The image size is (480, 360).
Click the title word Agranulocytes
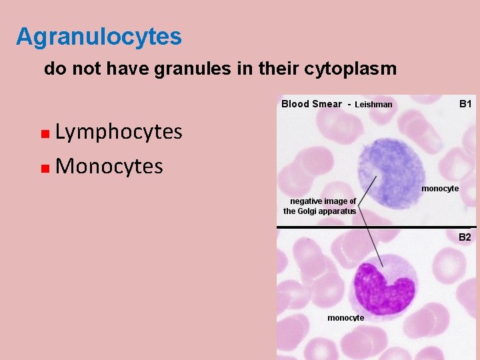(99, 37)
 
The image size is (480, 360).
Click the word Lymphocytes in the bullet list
(119, 132)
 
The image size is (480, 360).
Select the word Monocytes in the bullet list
(109, 166)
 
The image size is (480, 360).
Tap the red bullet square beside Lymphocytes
(44, 133)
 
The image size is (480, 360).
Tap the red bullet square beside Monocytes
(44, 167)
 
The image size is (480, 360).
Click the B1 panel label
(465, 104)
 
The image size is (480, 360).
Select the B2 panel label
(464, 237)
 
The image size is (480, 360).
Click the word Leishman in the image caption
(373, 105)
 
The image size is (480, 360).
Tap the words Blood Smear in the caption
(311, 104)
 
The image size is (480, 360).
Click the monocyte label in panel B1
(440, 189)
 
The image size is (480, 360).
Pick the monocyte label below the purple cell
(345, 318)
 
